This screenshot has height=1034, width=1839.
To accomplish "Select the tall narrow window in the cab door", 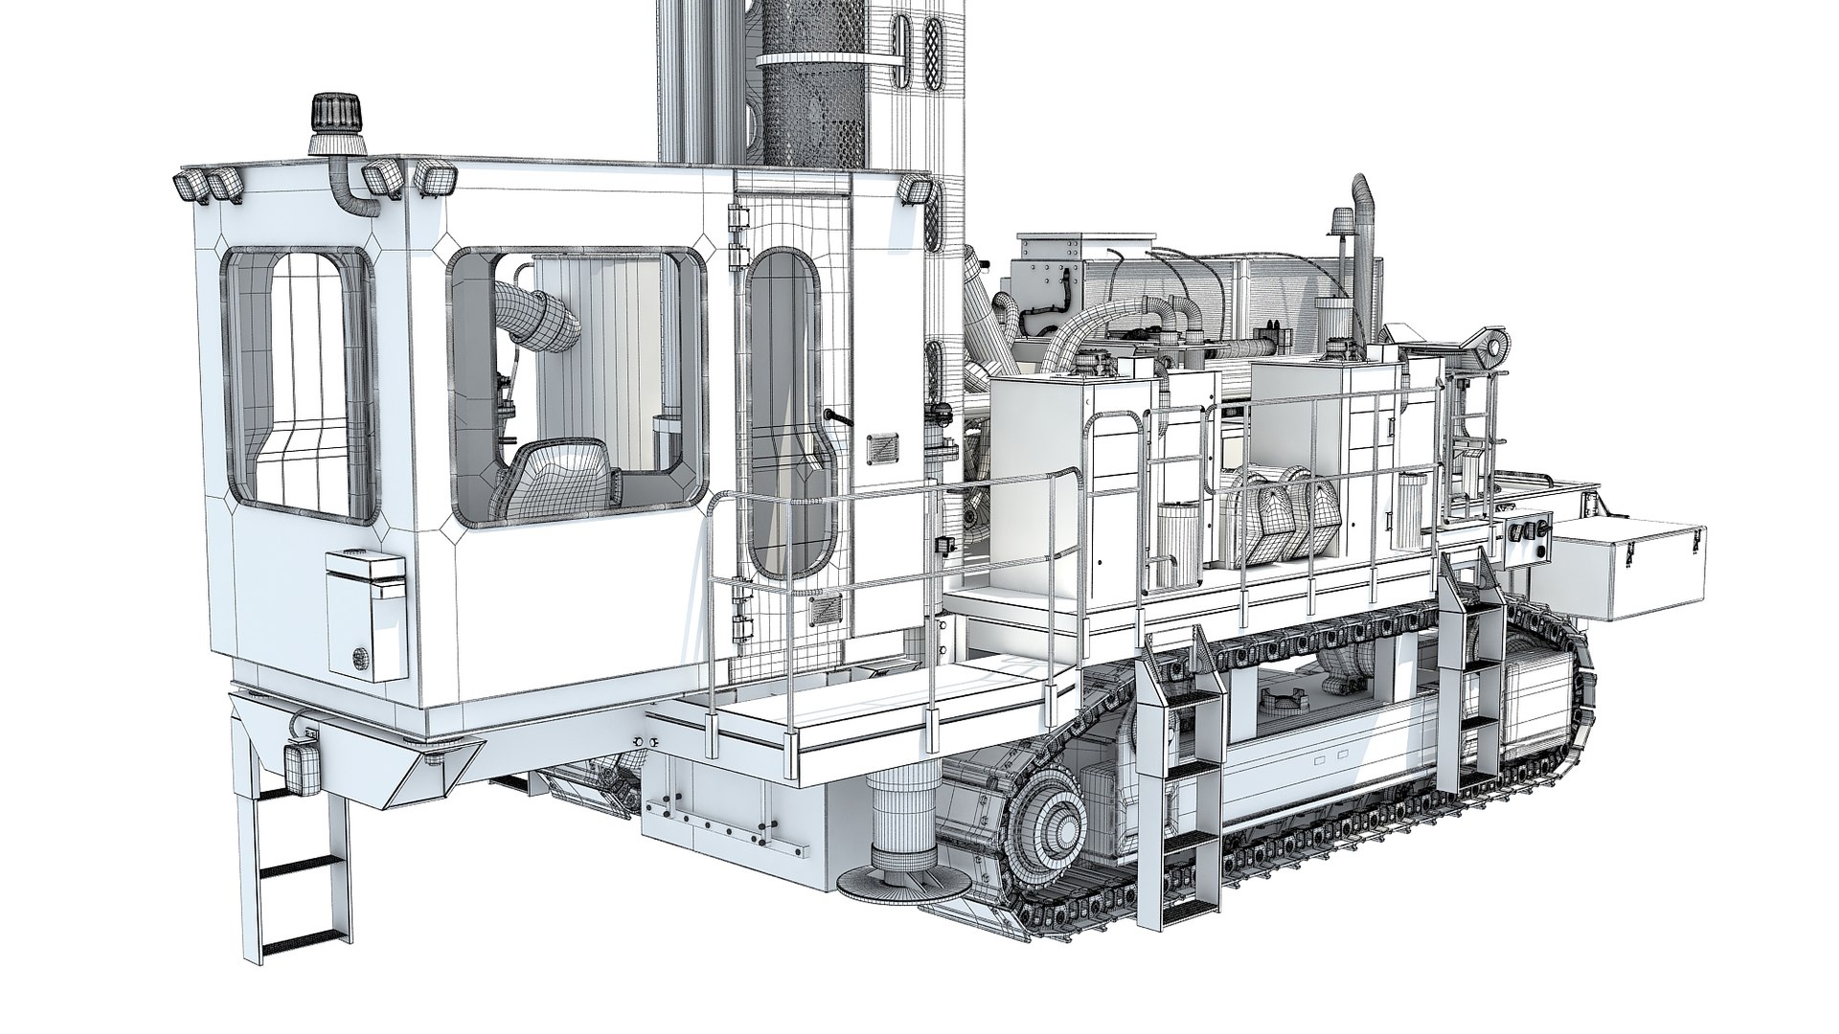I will pyautogui.click(x=787, y=412).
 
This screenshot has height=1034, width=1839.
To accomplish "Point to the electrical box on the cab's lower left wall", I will pyautogui.click(x=365, y=613).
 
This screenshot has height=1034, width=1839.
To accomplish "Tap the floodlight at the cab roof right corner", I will pyautogui.click(x=915, y=191).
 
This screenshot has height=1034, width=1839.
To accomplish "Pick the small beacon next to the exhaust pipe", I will pyautogui.click(x=1335, y=226).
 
